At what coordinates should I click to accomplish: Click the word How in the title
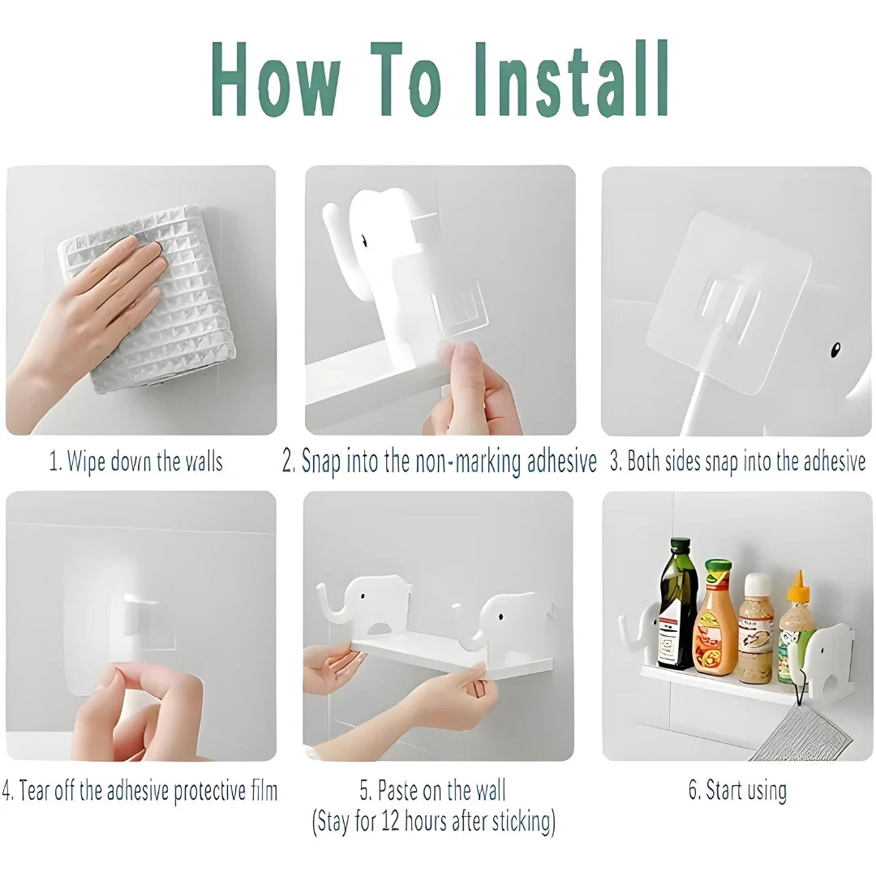tap(276, 79)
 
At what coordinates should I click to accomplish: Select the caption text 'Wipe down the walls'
tap(144, 462)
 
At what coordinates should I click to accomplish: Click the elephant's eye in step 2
tap(364, 241)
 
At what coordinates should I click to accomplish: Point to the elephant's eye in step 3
tap(835, 350)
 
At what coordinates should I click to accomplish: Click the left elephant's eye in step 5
tap(363, 596)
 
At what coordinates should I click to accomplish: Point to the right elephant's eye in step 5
tap(500, 618)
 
